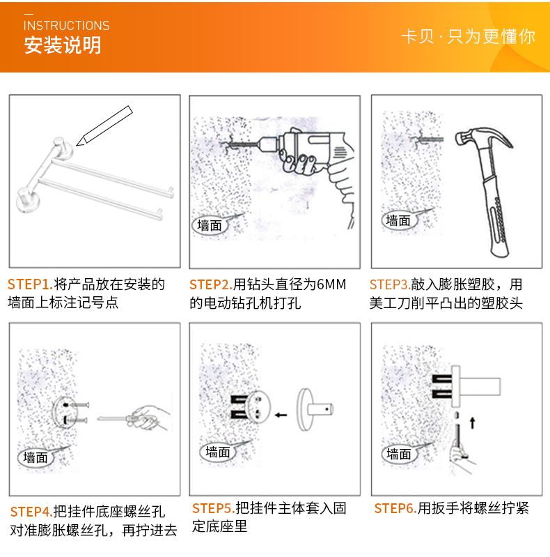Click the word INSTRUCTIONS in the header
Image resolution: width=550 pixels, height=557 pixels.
(66, 26)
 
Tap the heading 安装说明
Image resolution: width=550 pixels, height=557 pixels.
(63, 45)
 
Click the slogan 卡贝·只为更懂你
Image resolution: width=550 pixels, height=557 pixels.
(468, 36)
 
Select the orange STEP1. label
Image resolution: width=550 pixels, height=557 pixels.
(30, 284)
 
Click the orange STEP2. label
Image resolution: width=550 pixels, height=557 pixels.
(211, 284)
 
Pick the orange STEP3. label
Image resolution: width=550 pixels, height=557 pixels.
(391, 284)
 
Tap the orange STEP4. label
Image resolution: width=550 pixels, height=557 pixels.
(31, 512)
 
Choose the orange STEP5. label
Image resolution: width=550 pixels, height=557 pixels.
(214, 508)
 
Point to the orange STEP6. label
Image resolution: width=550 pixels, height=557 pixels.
(395, 508)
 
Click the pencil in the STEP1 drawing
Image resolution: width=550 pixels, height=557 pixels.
(104, 125)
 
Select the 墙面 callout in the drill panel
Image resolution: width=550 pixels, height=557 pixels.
(210, 226)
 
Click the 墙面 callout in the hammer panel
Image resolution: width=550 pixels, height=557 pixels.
(398, 220)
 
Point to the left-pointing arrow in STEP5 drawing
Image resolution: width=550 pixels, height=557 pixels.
(281, 415)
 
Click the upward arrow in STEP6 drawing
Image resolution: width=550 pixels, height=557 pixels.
(472, 422)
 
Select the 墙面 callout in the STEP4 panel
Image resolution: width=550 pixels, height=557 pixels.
(36, 457)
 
